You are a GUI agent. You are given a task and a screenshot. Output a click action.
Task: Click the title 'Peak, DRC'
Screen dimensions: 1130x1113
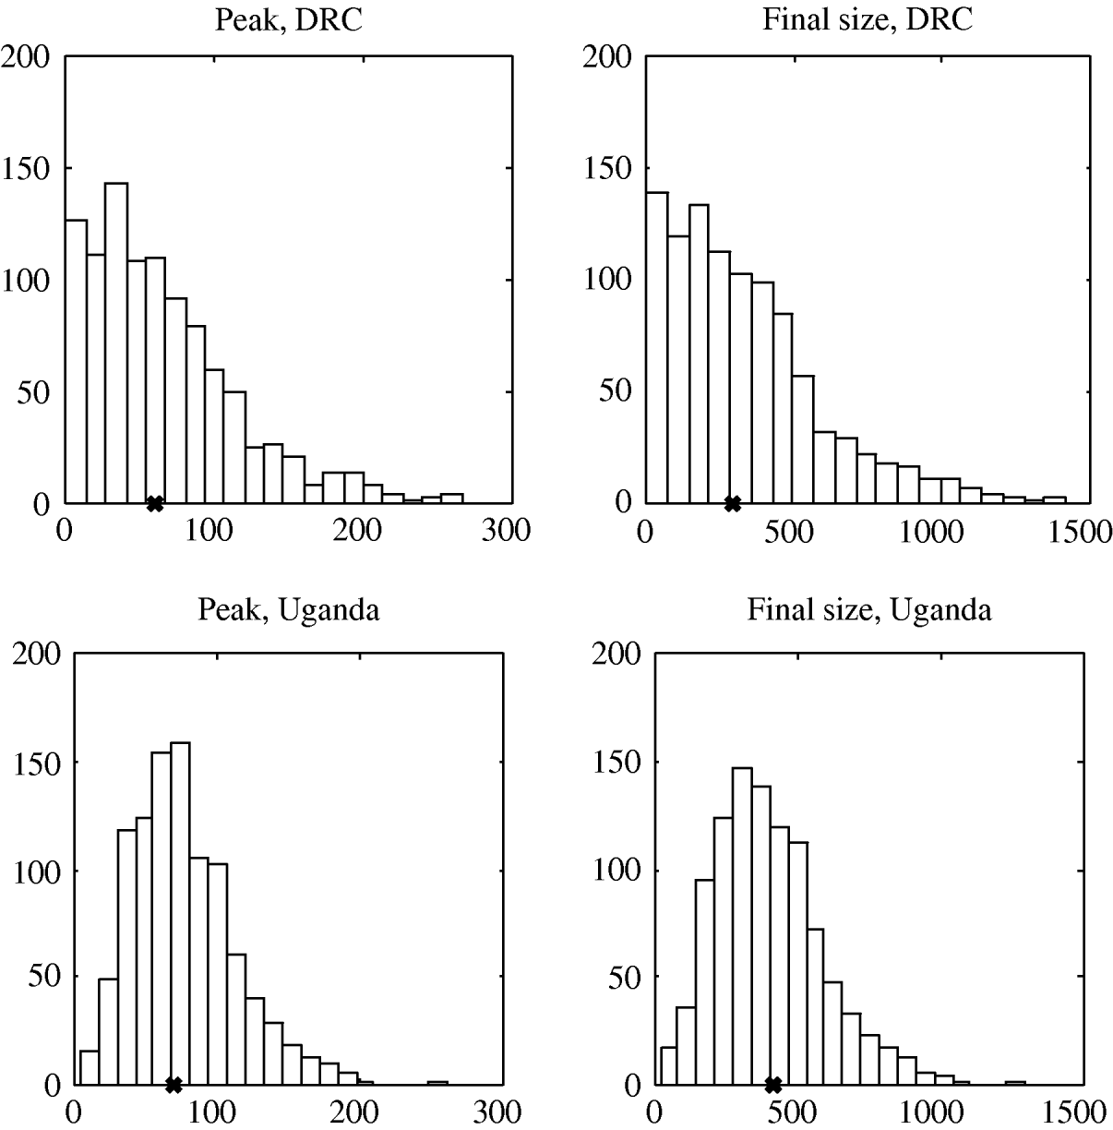[x=288, y=20]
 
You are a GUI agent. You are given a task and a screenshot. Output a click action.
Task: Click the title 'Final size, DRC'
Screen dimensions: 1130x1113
[x=867, y=20]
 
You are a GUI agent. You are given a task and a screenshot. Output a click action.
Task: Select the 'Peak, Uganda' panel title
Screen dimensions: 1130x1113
[x=288, y=609]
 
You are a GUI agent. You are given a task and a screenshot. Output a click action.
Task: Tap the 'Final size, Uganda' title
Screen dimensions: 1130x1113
[x=868, y=609]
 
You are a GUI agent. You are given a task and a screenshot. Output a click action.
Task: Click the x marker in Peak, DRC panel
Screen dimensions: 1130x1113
[x=155, y=503]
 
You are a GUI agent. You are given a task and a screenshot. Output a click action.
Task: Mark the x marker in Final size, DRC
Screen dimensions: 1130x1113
[x=733, y=503]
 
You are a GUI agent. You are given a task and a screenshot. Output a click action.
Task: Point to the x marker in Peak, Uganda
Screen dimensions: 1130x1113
[x=173, y=1084]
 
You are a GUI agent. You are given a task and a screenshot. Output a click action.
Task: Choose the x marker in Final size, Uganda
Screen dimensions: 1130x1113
[x=773, y=1084]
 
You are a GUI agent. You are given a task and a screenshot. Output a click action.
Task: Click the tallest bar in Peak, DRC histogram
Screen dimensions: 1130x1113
[x=116, y=343]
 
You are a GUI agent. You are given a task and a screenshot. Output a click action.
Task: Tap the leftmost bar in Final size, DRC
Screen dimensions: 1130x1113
[x=656, y=347]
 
